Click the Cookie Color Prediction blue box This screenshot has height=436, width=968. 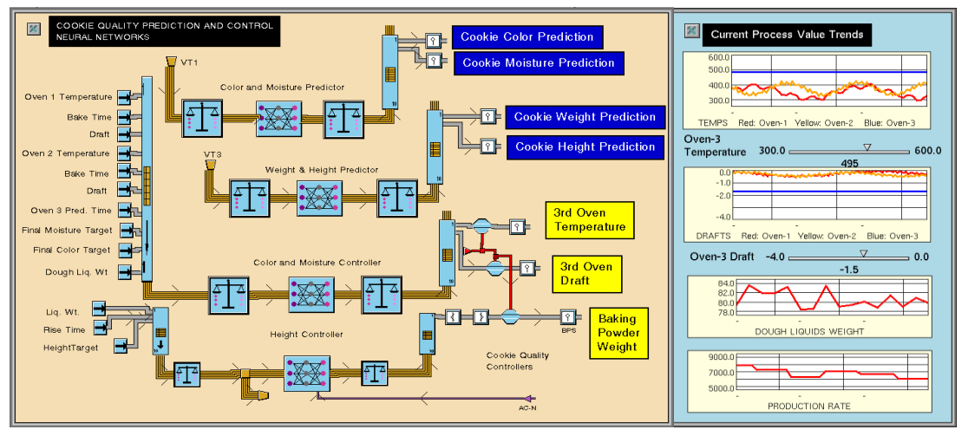click(x=527, y=37)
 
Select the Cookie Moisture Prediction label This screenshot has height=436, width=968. click(x=538, y=62)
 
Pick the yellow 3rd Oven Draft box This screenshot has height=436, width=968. click(x=585, y=274)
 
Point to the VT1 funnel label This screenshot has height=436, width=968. click(x=189, y=62)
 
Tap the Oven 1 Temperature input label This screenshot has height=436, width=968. click(x=69, y=97)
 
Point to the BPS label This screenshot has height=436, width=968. click(x=568, y=330)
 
